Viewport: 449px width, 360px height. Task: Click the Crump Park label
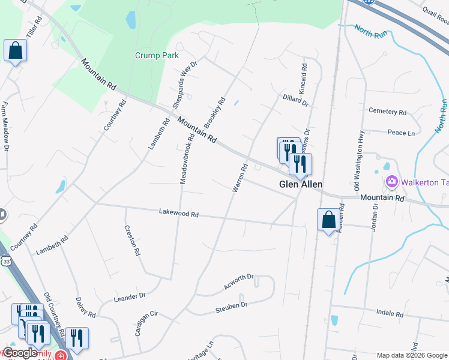(157, 55)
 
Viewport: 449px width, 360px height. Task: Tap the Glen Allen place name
(301, 185)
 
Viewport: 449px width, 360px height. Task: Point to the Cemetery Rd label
(388, 112)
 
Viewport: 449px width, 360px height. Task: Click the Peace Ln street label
(401, 133)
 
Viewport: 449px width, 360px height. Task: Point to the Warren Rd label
(240, 178)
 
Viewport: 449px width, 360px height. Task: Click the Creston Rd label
(132, 240)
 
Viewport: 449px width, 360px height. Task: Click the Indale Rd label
(390, 313)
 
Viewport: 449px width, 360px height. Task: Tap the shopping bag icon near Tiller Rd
(15, 51)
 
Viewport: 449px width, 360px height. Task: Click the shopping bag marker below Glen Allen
(328, 220)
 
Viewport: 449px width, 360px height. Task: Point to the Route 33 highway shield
(5, 262)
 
